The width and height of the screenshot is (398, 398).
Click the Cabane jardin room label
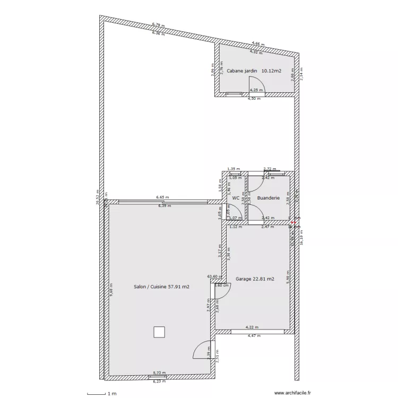point(242,71)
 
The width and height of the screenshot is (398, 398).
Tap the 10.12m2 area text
point(271,71)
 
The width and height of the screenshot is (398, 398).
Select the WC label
point(236,198)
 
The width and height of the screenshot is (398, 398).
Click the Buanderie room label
point(268,198)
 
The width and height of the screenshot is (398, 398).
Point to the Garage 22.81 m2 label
point(255,279)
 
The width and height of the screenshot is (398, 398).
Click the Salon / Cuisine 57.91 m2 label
point(162,287)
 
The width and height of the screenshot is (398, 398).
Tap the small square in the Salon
point(159,332)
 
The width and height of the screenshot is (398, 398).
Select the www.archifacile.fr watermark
point(292,393)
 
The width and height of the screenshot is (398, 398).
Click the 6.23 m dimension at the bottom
point(159,382)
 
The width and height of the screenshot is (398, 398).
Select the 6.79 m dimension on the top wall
point(158,24)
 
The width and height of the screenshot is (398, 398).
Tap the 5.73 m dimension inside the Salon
point(159,373)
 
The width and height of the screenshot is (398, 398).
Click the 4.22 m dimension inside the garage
point(252,327)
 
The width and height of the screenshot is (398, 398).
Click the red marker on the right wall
point(292,223)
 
